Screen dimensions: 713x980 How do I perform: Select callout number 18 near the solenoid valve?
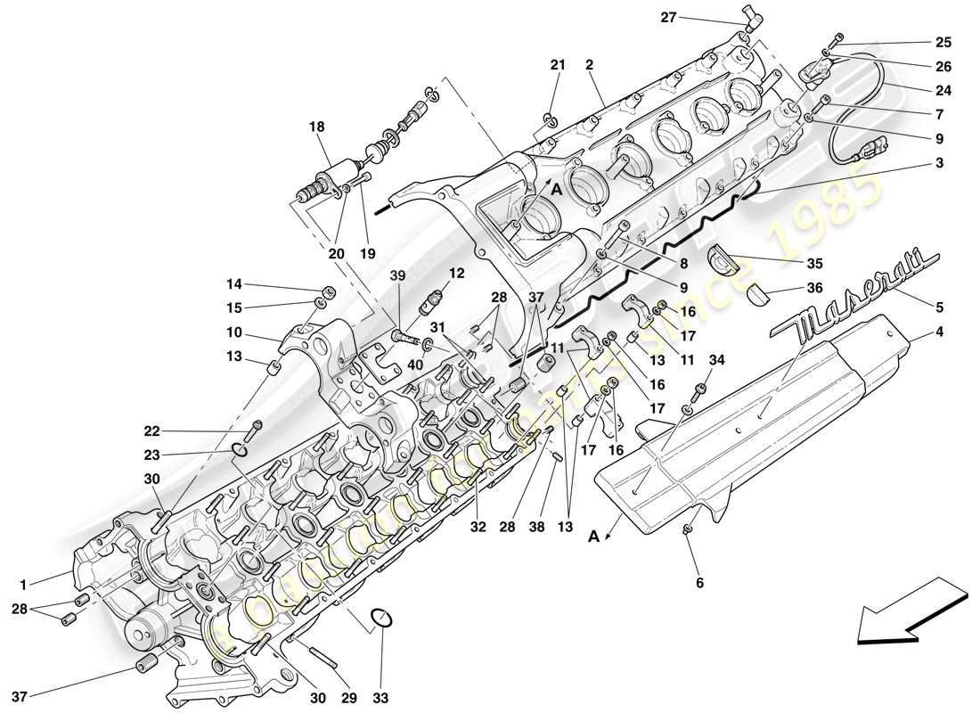click(x=317, y=127)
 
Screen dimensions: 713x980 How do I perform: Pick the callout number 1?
click(x=25, y=585)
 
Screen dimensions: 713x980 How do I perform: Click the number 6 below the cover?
click(x=699, y=583)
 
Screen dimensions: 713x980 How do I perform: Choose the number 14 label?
click(x=233, y=284)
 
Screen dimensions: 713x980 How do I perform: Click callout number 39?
click(x=396, y=276)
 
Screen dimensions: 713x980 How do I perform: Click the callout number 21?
click(x=558, y=64)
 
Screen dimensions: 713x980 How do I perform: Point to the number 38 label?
click(x=535, y=527)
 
